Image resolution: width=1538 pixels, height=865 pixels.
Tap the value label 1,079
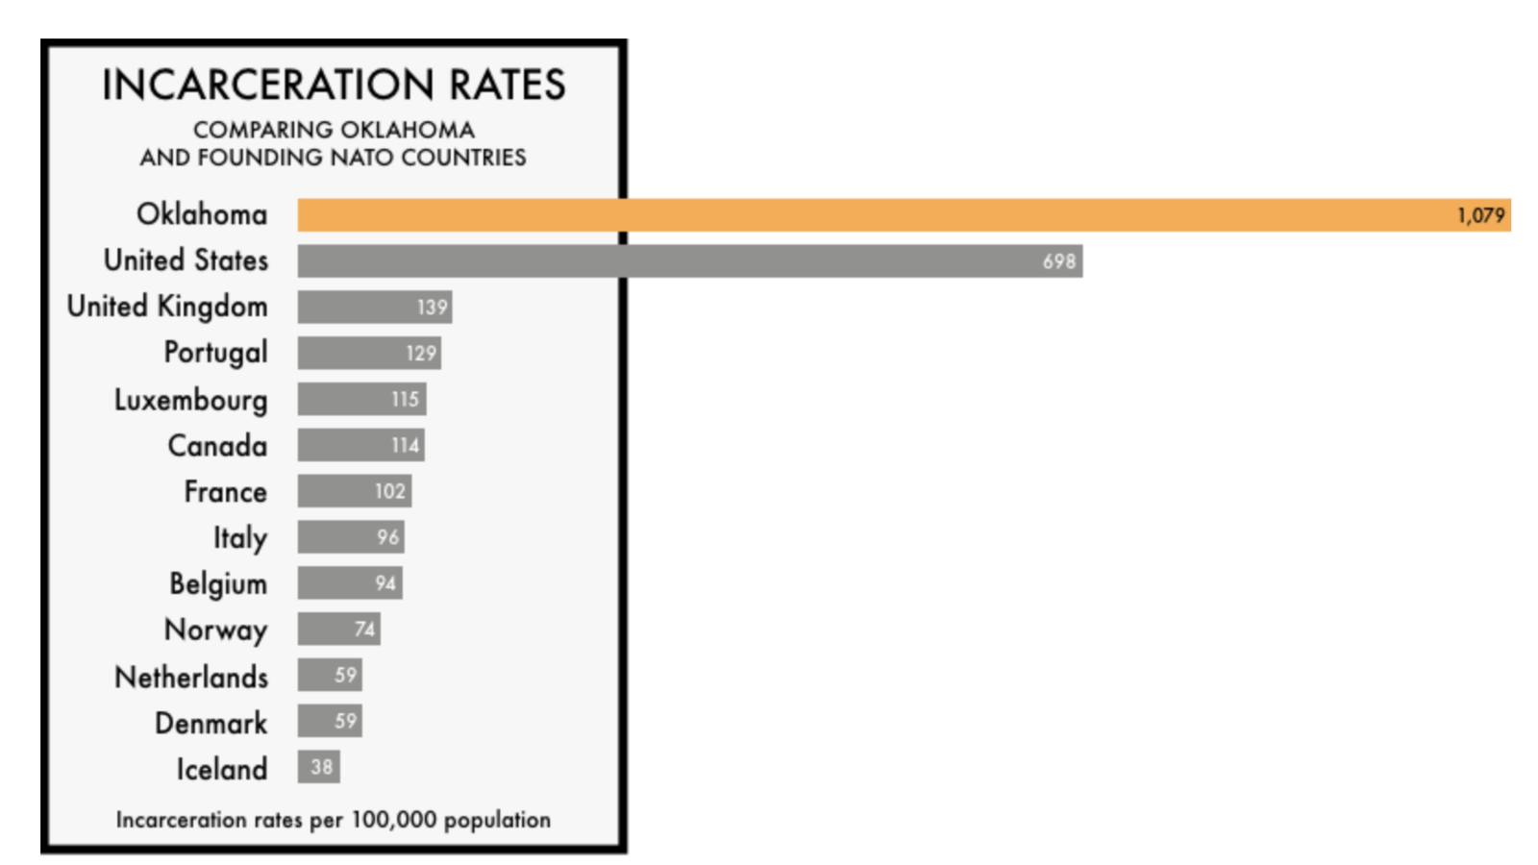1480,215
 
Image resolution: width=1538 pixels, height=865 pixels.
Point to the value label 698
1058,261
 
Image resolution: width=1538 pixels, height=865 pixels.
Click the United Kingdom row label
167,307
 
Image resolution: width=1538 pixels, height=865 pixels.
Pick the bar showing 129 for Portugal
369,353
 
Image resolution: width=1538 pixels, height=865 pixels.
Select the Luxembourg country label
190,400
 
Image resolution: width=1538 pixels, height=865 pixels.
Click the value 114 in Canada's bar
405,446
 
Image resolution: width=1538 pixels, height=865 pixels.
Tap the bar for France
354,491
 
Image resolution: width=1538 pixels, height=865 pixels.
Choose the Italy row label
239,538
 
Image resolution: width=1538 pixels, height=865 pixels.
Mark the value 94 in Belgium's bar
385,583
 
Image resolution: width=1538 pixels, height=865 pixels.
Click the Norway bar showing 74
338,630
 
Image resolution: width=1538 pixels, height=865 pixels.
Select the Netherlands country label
191,678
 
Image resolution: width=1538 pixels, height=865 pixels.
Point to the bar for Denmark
329,721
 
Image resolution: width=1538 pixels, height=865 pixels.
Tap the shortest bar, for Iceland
318,767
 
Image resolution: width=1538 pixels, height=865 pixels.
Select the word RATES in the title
507,85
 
